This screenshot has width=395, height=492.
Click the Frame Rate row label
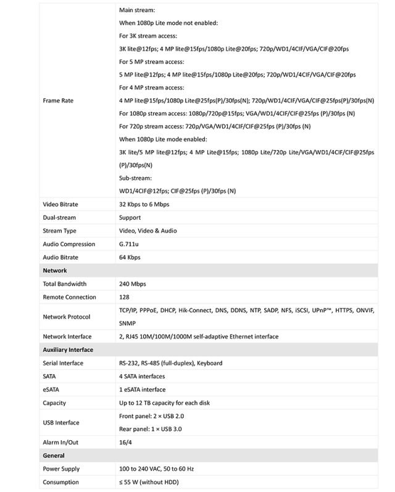click(x=58, y=101)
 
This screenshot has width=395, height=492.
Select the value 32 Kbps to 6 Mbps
click(x=144, y=204)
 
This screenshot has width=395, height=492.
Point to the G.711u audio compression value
click(x=129, y=244)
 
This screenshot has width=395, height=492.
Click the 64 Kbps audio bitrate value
click(x=130, y=257)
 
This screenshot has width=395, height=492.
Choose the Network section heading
click(x=55, y=270)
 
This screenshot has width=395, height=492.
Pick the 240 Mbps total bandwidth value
click(x=132, y=284)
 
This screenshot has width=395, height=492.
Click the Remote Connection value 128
click(x=124, y=297)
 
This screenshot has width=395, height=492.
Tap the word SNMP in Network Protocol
click(x=128, y=323)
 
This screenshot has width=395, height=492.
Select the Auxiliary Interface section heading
click(x=67, y=350)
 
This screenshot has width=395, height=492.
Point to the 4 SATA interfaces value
click(x=142, y=377)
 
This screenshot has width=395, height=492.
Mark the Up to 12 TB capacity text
click(x=164, y=403)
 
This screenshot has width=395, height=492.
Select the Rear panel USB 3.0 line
click(x=150, y=429)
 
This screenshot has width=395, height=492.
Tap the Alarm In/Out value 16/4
click(x=125, y=443)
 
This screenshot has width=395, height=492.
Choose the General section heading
click(x=54, y=456)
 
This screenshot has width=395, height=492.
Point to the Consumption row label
click(x=60, y=482)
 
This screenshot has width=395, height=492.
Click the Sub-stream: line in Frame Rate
click(x=135, y=178)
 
